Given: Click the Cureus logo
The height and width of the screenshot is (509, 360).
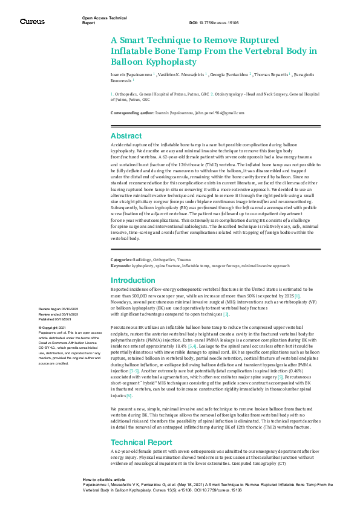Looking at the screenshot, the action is click(32, 21).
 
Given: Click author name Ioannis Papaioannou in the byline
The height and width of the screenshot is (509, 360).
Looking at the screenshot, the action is click(131, 74).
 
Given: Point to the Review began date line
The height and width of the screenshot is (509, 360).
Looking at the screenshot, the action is click(62, 309).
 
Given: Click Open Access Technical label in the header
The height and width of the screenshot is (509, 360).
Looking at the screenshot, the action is click(104, 19).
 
